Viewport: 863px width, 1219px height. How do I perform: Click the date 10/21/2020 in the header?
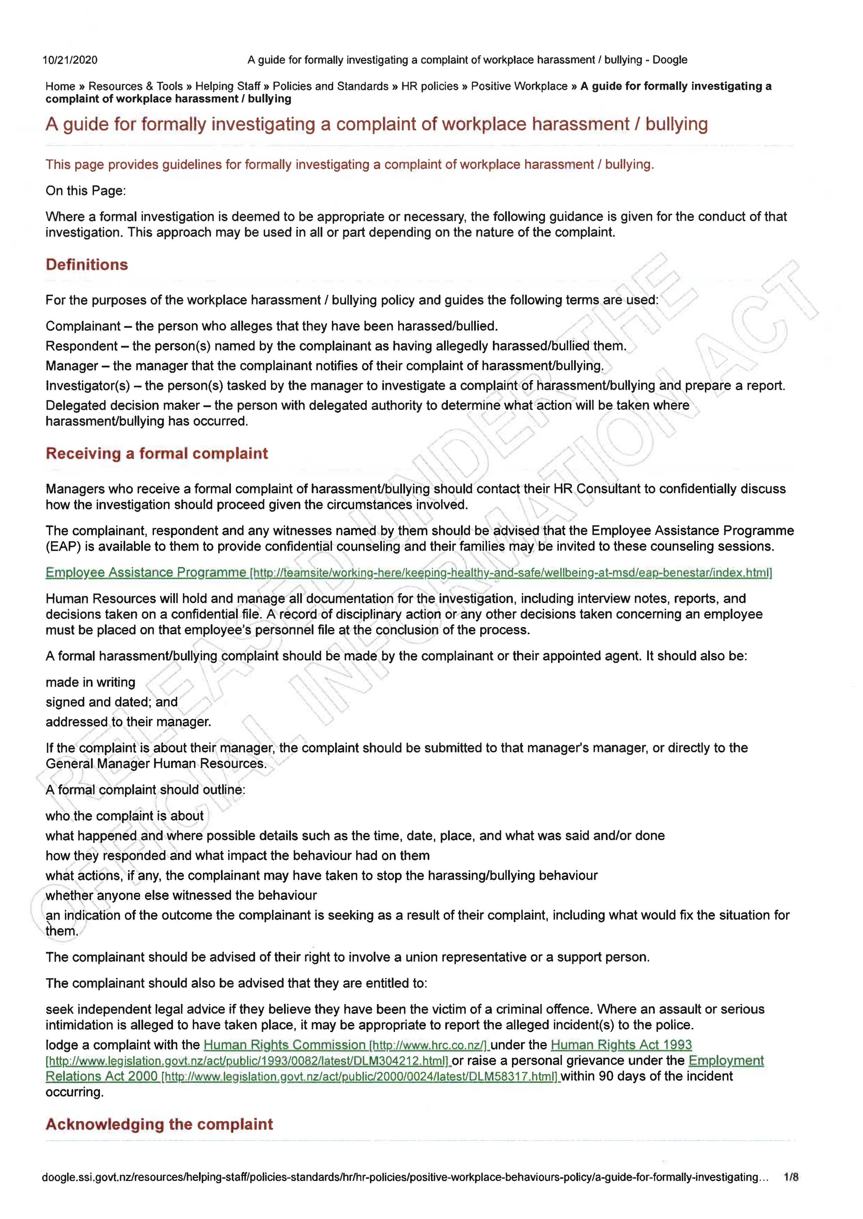pos(70,60)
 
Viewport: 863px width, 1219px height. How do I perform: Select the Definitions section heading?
pos(87,265)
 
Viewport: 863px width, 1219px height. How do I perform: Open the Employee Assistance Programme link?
pos(146,572)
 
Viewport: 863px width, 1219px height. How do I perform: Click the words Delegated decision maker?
pos(122,405)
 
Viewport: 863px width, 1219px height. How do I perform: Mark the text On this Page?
pos(86,191)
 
